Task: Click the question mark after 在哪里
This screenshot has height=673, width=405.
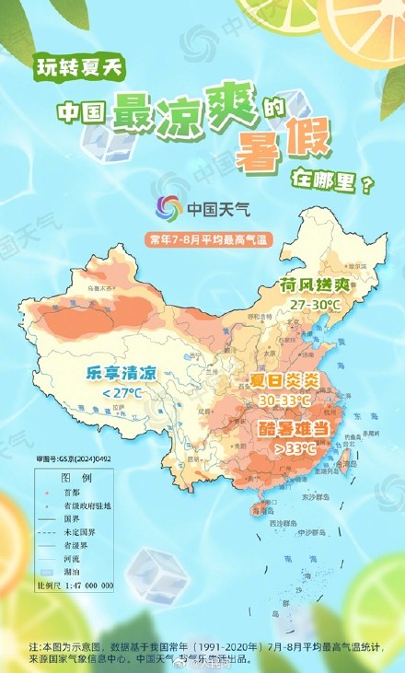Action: (370, 185)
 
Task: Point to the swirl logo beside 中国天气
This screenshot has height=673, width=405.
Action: (168, 208)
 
